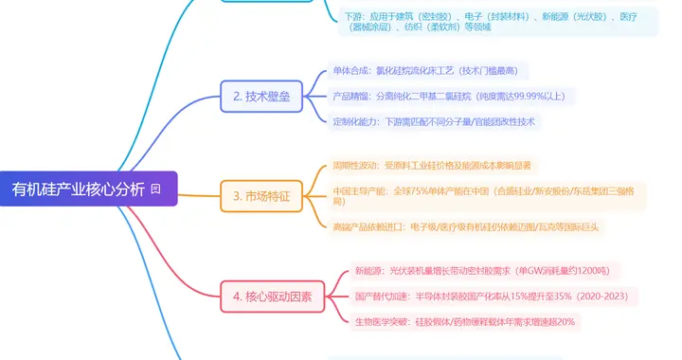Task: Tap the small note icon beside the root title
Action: (x=155, y=189)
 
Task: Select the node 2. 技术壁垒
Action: (x=261, y=97)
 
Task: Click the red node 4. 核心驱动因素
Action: (x=273, y=296)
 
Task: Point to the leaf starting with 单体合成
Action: (x=428, y=71)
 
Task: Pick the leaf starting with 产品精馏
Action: (x=447, y=96)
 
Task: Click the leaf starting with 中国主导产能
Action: (x=484, y=197)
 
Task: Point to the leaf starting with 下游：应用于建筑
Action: (x=498, y=21)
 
